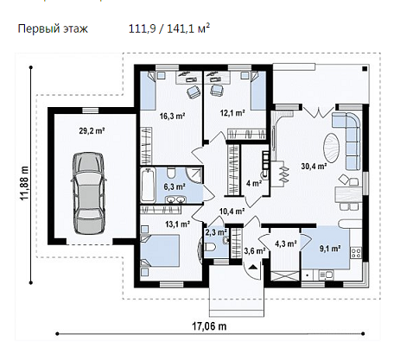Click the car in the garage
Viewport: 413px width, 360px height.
88,193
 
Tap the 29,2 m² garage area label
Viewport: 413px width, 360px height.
92,131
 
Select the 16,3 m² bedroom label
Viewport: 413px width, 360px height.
172,117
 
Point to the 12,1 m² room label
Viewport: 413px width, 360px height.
232,113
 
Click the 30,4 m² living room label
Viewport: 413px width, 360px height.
314,166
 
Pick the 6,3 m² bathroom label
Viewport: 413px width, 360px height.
175,186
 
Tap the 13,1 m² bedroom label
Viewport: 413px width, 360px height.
177,224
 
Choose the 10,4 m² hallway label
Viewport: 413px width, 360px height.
232,212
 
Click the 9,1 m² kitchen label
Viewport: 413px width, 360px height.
330,249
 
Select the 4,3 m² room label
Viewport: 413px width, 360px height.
286,244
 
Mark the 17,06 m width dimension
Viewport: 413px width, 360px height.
209,326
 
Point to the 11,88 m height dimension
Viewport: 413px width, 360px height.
24,183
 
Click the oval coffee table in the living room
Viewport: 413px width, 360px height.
332,148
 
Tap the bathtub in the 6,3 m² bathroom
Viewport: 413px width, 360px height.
148,186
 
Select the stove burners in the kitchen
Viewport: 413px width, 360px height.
356,253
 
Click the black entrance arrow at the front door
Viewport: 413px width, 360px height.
253,267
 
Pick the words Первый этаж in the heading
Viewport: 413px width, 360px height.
53,29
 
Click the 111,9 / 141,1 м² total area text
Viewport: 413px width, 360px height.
169,28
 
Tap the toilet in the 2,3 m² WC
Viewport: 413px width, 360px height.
211,247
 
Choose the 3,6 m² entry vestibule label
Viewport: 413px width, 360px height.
255,251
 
